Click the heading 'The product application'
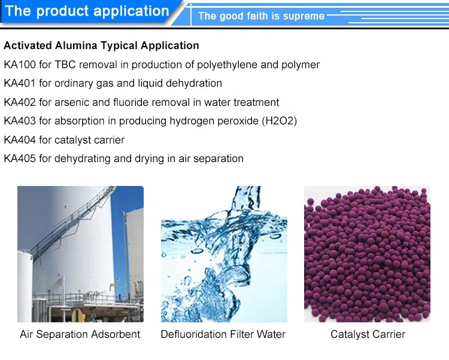click(87, 11)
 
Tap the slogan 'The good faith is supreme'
click(261, 16)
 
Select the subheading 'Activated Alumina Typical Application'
click(101, 45)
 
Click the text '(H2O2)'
click(280, 121)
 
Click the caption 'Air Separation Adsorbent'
click(80, 334)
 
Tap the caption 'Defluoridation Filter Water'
click(223, 334)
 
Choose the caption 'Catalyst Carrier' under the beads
click(368, 334)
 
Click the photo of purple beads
click(368, 254)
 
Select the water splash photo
click(224, 254)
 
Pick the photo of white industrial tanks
click(80, 254)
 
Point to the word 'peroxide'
click(236, 121)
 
